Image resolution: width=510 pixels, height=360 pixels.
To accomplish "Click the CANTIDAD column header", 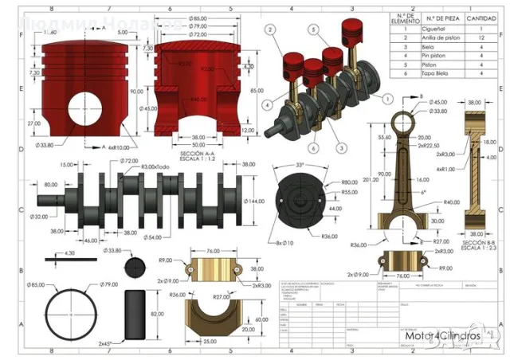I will (483, 17).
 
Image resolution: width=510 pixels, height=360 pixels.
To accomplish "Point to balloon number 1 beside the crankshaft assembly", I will (387, 99).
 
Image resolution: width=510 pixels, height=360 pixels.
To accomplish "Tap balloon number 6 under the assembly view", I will (315, 148).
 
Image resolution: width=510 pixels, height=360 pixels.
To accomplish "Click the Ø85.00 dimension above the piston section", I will (198, 18).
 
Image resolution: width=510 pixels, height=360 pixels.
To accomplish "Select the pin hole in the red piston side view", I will (80, 109).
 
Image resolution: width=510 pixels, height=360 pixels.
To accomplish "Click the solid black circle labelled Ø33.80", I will (137, 264).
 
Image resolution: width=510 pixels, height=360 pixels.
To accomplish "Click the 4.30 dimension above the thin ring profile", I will (69, 253).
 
